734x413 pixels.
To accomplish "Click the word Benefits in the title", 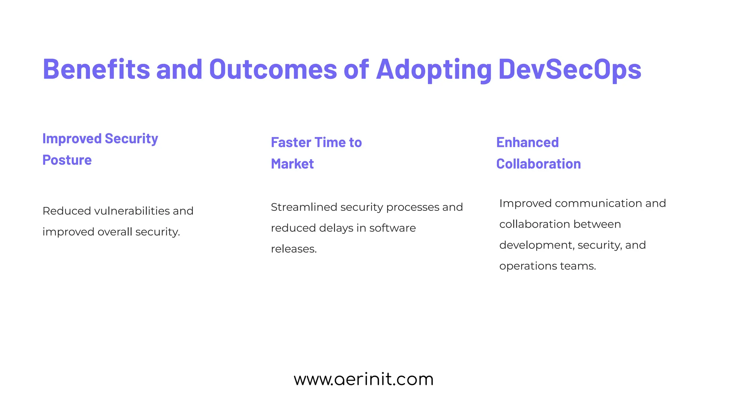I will pos(96,69).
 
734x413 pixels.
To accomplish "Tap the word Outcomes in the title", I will pos(273,69).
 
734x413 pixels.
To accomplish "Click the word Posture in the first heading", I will pos(67,160).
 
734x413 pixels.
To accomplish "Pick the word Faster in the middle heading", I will pos(291,142).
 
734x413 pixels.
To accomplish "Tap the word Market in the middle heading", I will pos(292,164).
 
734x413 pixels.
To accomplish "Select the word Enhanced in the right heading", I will pos(527,142).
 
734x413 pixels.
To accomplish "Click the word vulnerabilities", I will pos(132,211).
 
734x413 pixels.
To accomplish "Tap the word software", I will pos(392,228).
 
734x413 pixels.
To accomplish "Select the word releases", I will pos(294,249).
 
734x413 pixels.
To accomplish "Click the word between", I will pos(597,224).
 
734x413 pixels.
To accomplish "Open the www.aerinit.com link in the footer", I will pos(363,379).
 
